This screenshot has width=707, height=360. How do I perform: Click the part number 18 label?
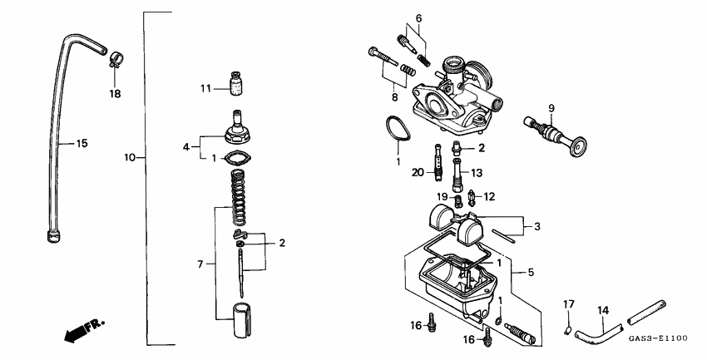tap(115, 94)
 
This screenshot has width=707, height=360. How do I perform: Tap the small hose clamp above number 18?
tap(116, 59)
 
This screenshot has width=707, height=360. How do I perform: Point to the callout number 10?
tap(129, 157)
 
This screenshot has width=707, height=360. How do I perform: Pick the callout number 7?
tap(200, 264)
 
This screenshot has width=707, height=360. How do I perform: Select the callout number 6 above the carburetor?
tap(418, 17)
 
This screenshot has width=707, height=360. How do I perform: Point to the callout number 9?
tap(550, 108)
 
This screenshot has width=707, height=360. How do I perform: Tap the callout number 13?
tap(477, 173)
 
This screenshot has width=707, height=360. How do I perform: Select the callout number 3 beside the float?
tap(536, 226)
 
